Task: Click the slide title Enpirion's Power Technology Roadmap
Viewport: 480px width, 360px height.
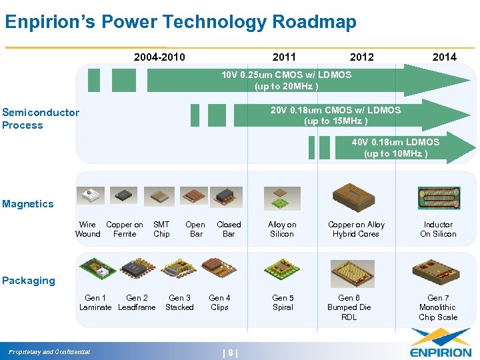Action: pos(181,22)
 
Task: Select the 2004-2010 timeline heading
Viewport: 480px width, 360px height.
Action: pos(159,57)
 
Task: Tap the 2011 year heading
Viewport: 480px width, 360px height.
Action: pos(284,57)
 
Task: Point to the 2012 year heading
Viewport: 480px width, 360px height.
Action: pos(362,57)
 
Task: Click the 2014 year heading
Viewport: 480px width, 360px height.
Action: pos(444,57)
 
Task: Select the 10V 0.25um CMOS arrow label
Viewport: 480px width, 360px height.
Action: pos(287,80)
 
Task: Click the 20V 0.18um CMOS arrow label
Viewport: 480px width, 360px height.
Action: pos(335,115)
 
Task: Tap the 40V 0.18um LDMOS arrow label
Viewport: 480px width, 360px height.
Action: pos(396,147)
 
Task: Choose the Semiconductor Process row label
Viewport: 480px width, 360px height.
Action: pos(40,119)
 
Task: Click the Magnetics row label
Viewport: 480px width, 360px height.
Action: pos(28,204)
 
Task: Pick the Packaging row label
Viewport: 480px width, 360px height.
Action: pos(29,281)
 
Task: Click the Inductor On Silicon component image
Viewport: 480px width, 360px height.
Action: pos(439,198)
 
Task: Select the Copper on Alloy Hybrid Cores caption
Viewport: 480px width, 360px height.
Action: pos(356,229)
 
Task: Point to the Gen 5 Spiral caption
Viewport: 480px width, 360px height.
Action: pos(283,303)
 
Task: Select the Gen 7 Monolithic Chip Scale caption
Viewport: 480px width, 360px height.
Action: pos(438,307)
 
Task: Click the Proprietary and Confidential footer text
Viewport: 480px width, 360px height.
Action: pos(50,352)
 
